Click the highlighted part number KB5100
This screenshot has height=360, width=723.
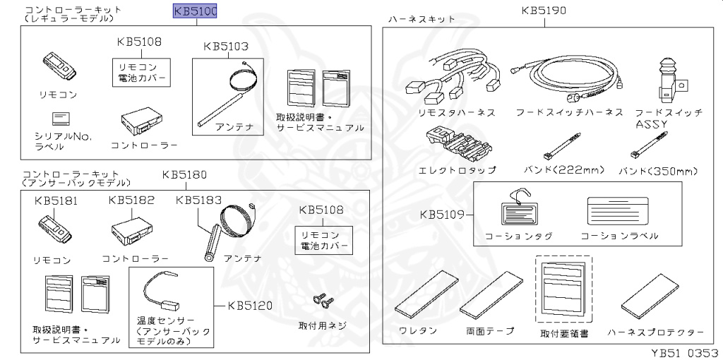point(195,11)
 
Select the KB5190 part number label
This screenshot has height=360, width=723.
point(544,11)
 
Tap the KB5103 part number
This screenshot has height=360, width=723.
point(226,47)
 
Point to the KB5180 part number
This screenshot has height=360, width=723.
point(184,174)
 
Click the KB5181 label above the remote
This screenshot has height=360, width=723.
point(56,200)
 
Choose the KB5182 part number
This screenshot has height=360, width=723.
point(131,200)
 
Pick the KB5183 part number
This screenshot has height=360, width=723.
point(198,200)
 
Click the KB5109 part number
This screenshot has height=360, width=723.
point(442,214)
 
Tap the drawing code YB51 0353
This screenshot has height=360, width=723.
point(681,352)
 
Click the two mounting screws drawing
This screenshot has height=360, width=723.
point(321,301)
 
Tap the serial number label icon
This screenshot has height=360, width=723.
point(60,118)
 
